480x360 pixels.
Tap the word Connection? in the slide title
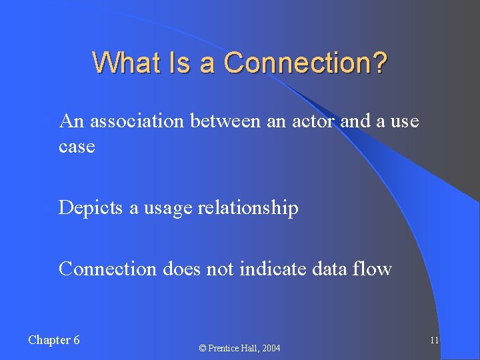tap(305, 63)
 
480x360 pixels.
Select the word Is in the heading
tap(181, 63)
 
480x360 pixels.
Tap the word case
tap(77, 147)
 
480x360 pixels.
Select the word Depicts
tap(91, 208)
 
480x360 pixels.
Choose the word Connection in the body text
tap(107, 269)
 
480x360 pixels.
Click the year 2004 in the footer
tap(271, 349)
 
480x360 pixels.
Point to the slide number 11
tap(434, 341)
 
